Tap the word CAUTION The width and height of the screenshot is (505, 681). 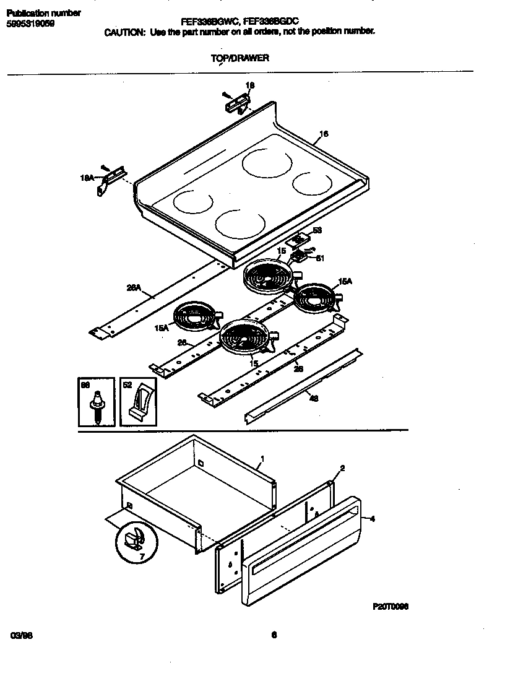tap(124, 32)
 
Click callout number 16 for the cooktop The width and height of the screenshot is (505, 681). tap(323, 134)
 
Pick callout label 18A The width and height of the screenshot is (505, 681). tap(87, 178)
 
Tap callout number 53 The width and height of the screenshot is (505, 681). tap(317, 230)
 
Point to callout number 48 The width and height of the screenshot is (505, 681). tap(314, 399)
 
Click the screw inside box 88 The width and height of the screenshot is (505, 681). tap(97, 409)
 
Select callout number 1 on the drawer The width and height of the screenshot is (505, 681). tap(262, 459)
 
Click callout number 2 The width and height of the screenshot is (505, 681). tap(342, 468)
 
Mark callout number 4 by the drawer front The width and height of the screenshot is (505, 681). tap(372, 519)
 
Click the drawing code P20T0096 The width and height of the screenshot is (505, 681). tap(391, 607)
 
